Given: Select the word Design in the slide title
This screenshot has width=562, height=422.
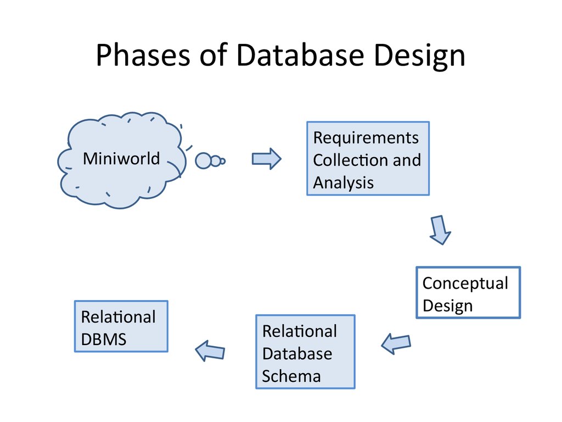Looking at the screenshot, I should tap(419, 56).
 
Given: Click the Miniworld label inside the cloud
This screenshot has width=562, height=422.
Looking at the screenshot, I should tap(121, 159).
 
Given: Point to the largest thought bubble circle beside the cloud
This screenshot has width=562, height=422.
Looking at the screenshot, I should tap(204, 160).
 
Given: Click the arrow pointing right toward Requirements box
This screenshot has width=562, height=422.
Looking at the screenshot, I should tap(266, 159).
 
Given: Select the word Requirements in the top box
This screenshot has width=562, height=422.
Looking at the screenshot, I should tap(366, 137).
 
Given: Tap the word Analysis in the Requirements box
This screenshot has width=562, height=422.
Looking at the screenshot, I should tap(343, 182).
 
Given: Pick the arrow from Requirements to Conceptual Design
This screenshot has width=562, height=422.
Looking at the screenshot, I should tap(439, 230).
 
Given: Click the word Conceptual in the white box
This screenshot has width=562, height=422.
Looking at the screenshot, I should tap(465, 283).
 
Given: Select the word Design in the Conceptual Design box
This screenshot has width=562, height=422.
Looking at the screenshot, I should tap(447, 306).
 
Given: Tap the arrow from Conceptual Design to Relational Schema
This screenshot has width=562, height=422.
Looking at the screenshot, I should tap(396, 343).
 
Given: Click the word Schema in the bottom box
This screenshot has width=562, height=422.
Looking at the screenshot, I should tap(291, 376).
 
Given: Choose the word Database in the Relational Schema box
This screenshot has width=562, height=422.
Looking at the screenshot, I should tap(297, 353).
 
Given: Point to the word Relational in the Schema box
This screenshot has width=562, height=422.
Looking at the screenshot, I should tap(300, 331).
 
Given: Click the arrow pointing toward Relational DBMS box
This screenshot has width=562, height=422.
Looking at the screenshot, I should tap(210, 350).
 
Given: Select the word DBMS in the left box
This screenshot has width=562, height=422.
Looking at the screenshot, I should tap(104, 340).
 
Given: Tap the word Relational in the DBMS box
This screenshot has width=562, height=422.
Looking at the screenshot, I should tap(118, 317).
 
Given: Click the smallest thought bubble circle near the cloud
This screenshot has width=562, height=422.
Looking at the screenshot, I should tap(223, 161).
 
